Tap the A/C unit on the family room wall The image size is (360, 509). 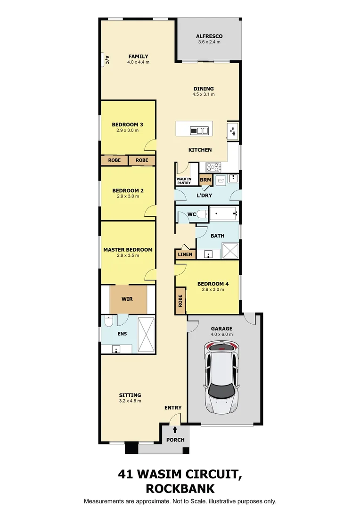point(103,60)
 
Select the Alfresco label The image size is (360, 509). point(209,36)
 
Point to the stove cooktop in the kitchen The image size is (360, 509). point(212,167)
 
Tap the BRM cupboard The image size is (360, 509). point(205,180)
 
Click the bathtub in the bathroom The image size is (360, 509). point(224,214)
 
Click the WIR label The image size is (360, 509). point(127,299)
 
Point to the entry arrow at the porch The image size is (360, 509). point(175,429)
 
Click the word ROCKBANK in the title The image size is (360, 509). point(180,488)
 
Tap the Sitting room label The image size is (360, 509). point(130,395)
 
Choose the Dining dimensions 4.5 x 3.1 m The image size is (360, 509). point(203,94)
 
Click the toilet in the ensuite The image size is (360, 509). point(108,321)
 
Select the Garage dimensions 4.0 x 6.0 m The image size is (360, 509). point(221,334)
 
